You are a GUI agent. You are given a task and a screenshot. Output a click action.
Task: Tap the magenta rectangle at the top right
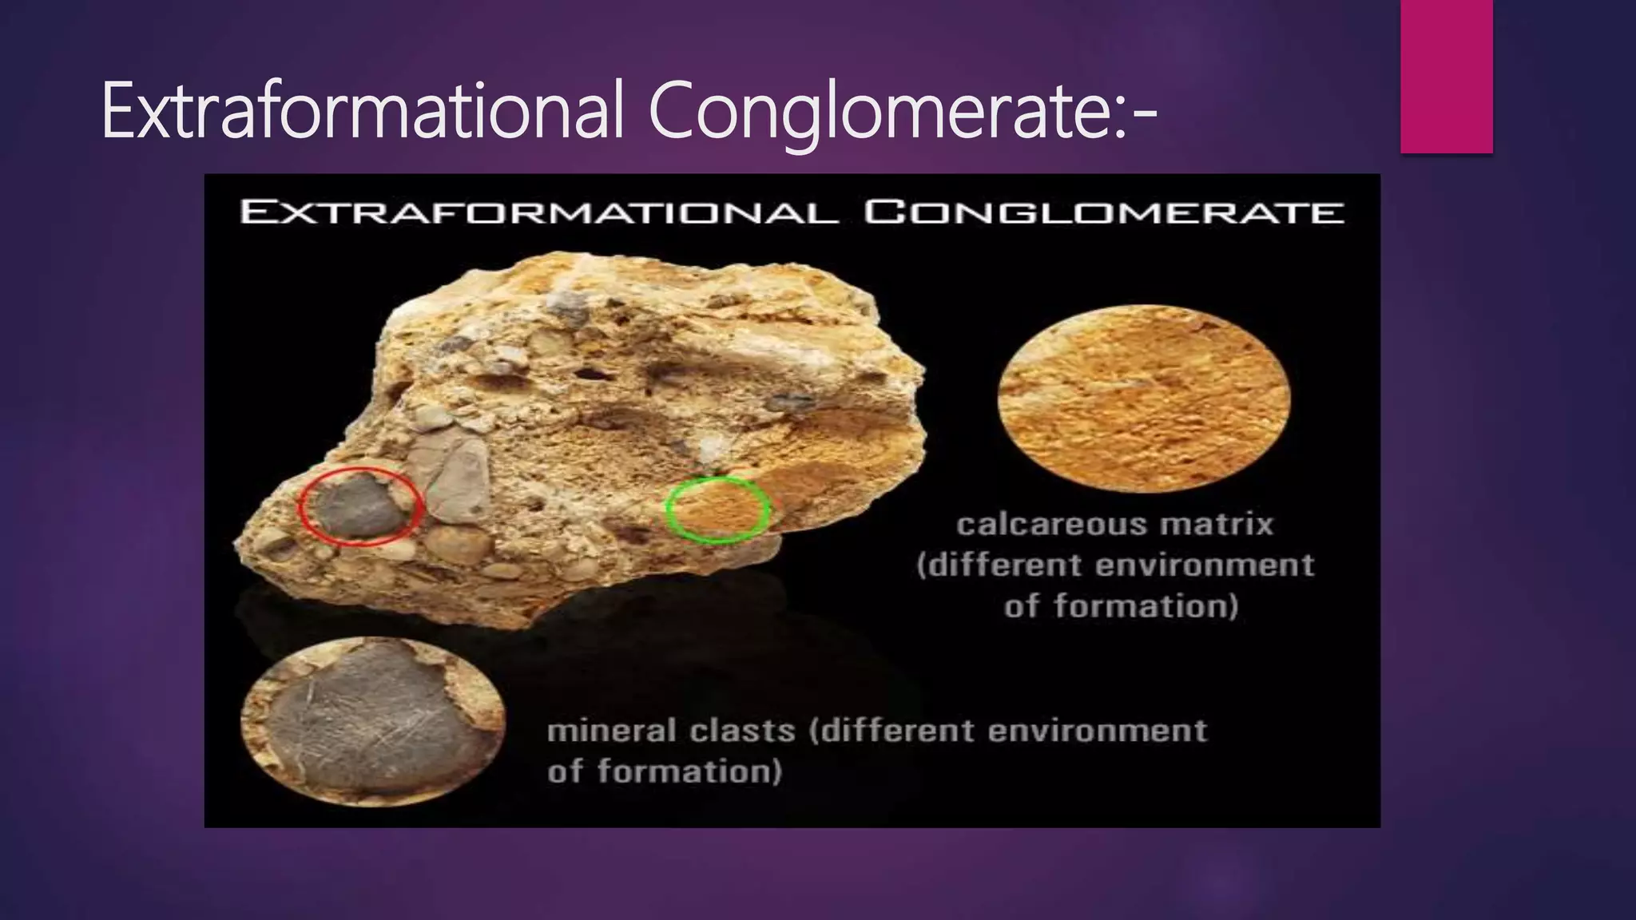pyautogui.click(x=1446, y=77)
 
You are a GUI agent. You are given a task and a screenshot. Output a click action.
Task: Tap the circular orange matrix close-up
pyautogui.click(x=1144, y=398)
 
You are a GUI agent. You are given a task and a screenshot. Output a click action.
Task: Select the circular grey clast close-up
pyautogui.click(x=373, y=721)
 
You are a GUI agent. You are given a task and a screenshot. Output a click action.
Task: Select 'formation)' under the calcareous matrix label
pyautogui.click(x=1146, y=606)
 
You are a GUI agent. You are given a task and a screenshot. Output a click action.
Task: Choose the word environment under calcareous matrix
pyautogui.click(x=1205, y=565)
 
